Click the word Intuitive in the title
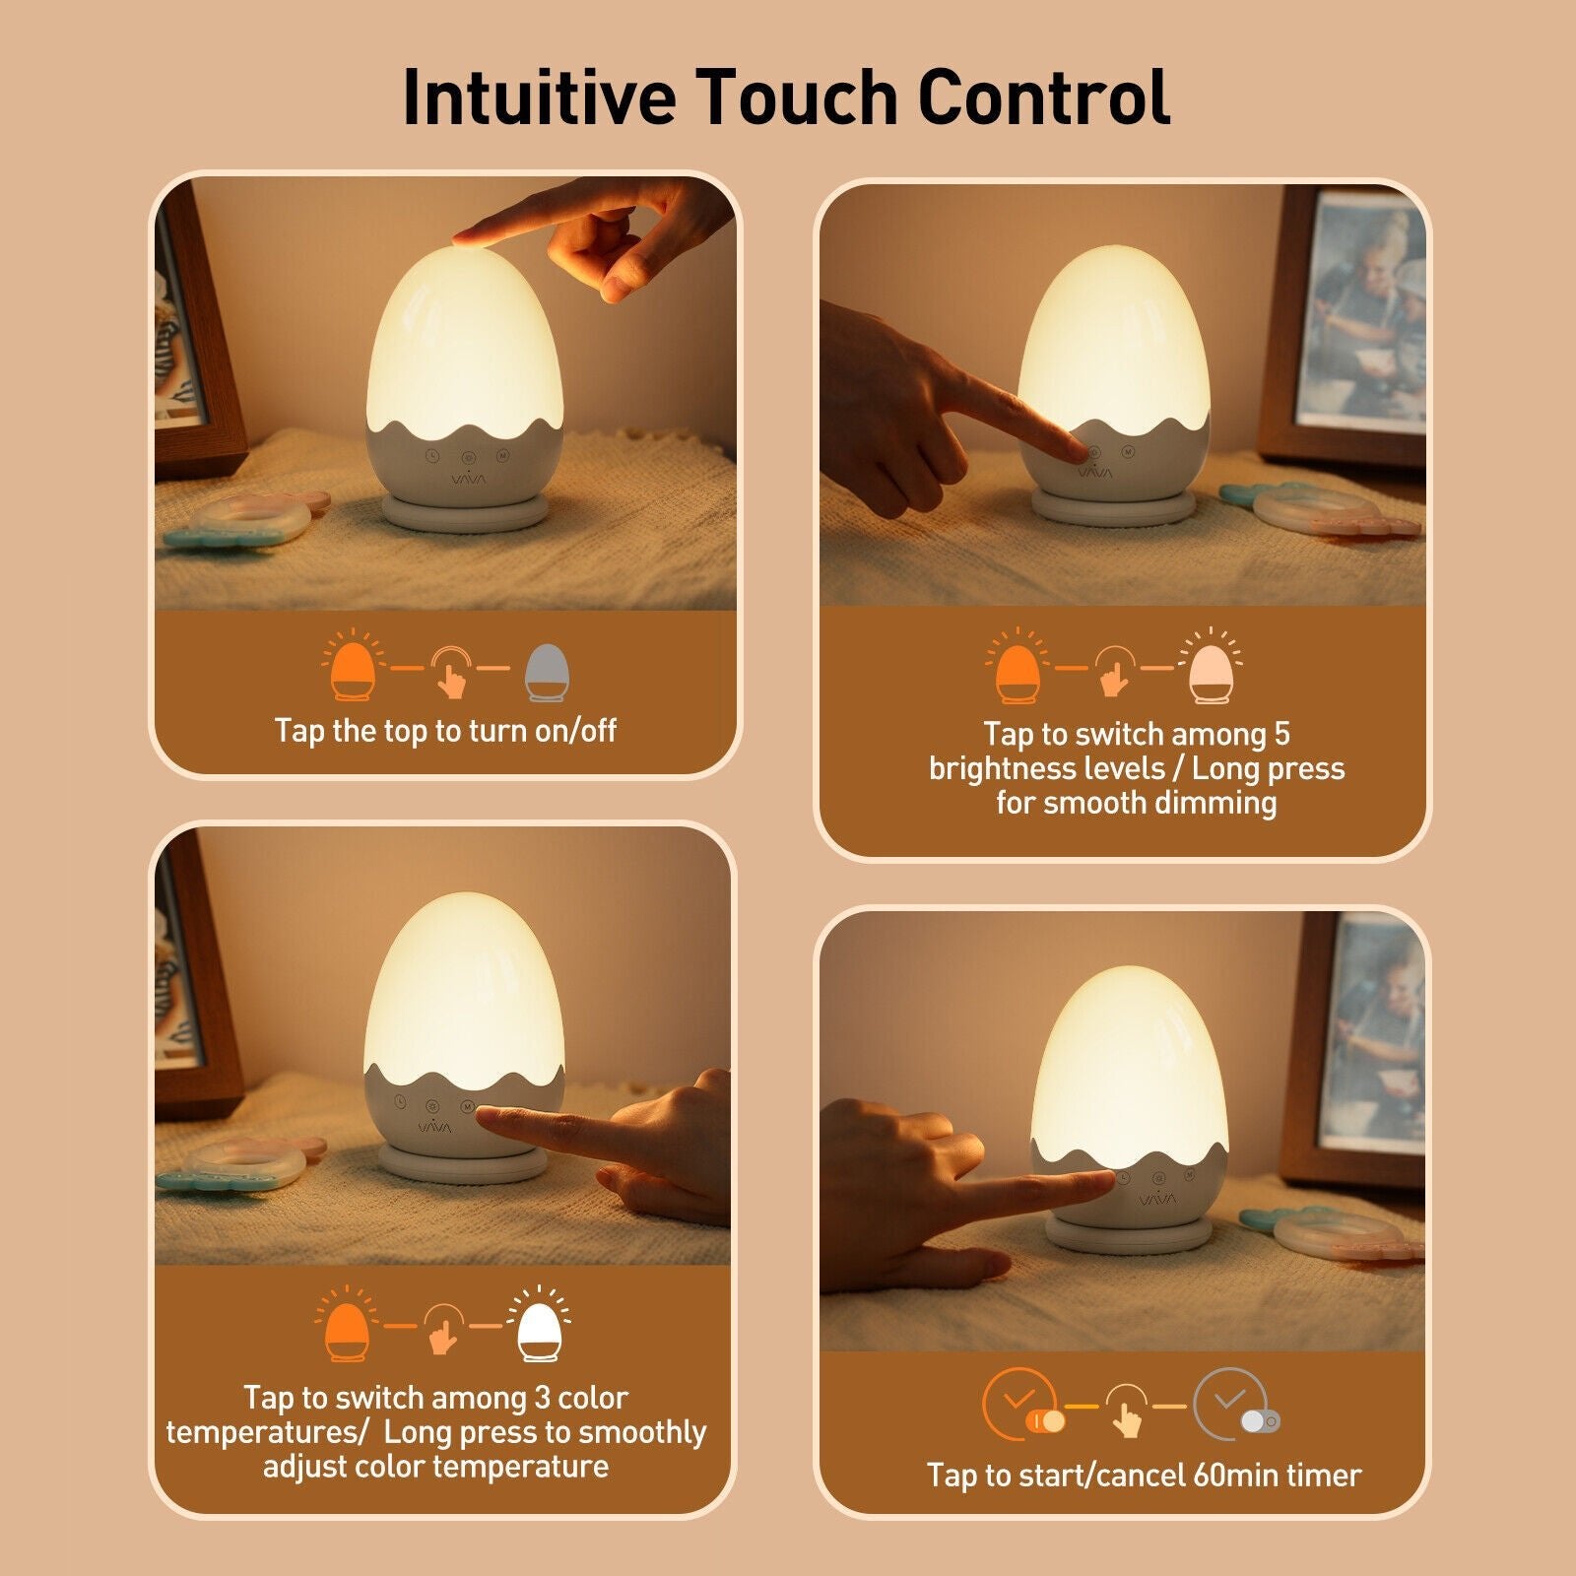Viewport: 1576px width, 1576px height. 540,97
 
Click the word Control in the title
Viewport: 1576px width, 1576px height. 1044,97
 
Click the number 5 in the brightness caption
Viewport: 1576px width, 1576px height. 1280,734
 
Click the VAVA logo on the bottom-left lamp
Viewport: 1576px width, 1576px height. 435,1127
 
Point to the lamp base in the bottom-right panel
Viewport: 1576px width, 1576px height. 1128,1233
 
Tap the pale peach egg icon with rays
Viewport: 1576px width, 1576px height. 1211,666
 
